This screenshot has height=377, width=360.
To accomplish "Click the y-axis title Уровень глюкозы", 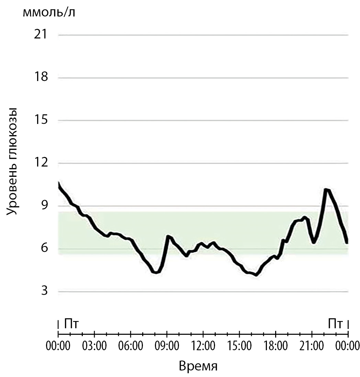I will tap(12, 161).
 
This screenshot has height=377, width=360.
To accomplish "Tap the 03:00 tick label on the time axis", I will tap(94, 344).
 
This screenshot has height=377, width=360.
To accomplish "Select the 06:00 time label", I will tap(131, 344).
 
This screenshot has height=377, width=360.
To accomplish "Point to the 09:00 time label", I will tap(167, 344).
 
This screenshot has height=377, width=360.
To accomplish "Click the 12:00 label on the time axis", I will tap(203, 344).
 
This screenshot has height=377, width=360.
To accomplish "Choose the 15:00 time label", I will tap(239, 344).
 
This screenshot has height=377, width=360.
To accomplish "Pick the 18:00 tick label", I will tap(275, 344).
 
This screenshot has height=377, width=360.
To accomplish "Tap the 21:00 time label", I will tap(312, 344).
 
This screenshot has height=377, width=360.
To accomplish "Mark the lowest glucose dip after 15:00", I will tap(256, 275).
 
